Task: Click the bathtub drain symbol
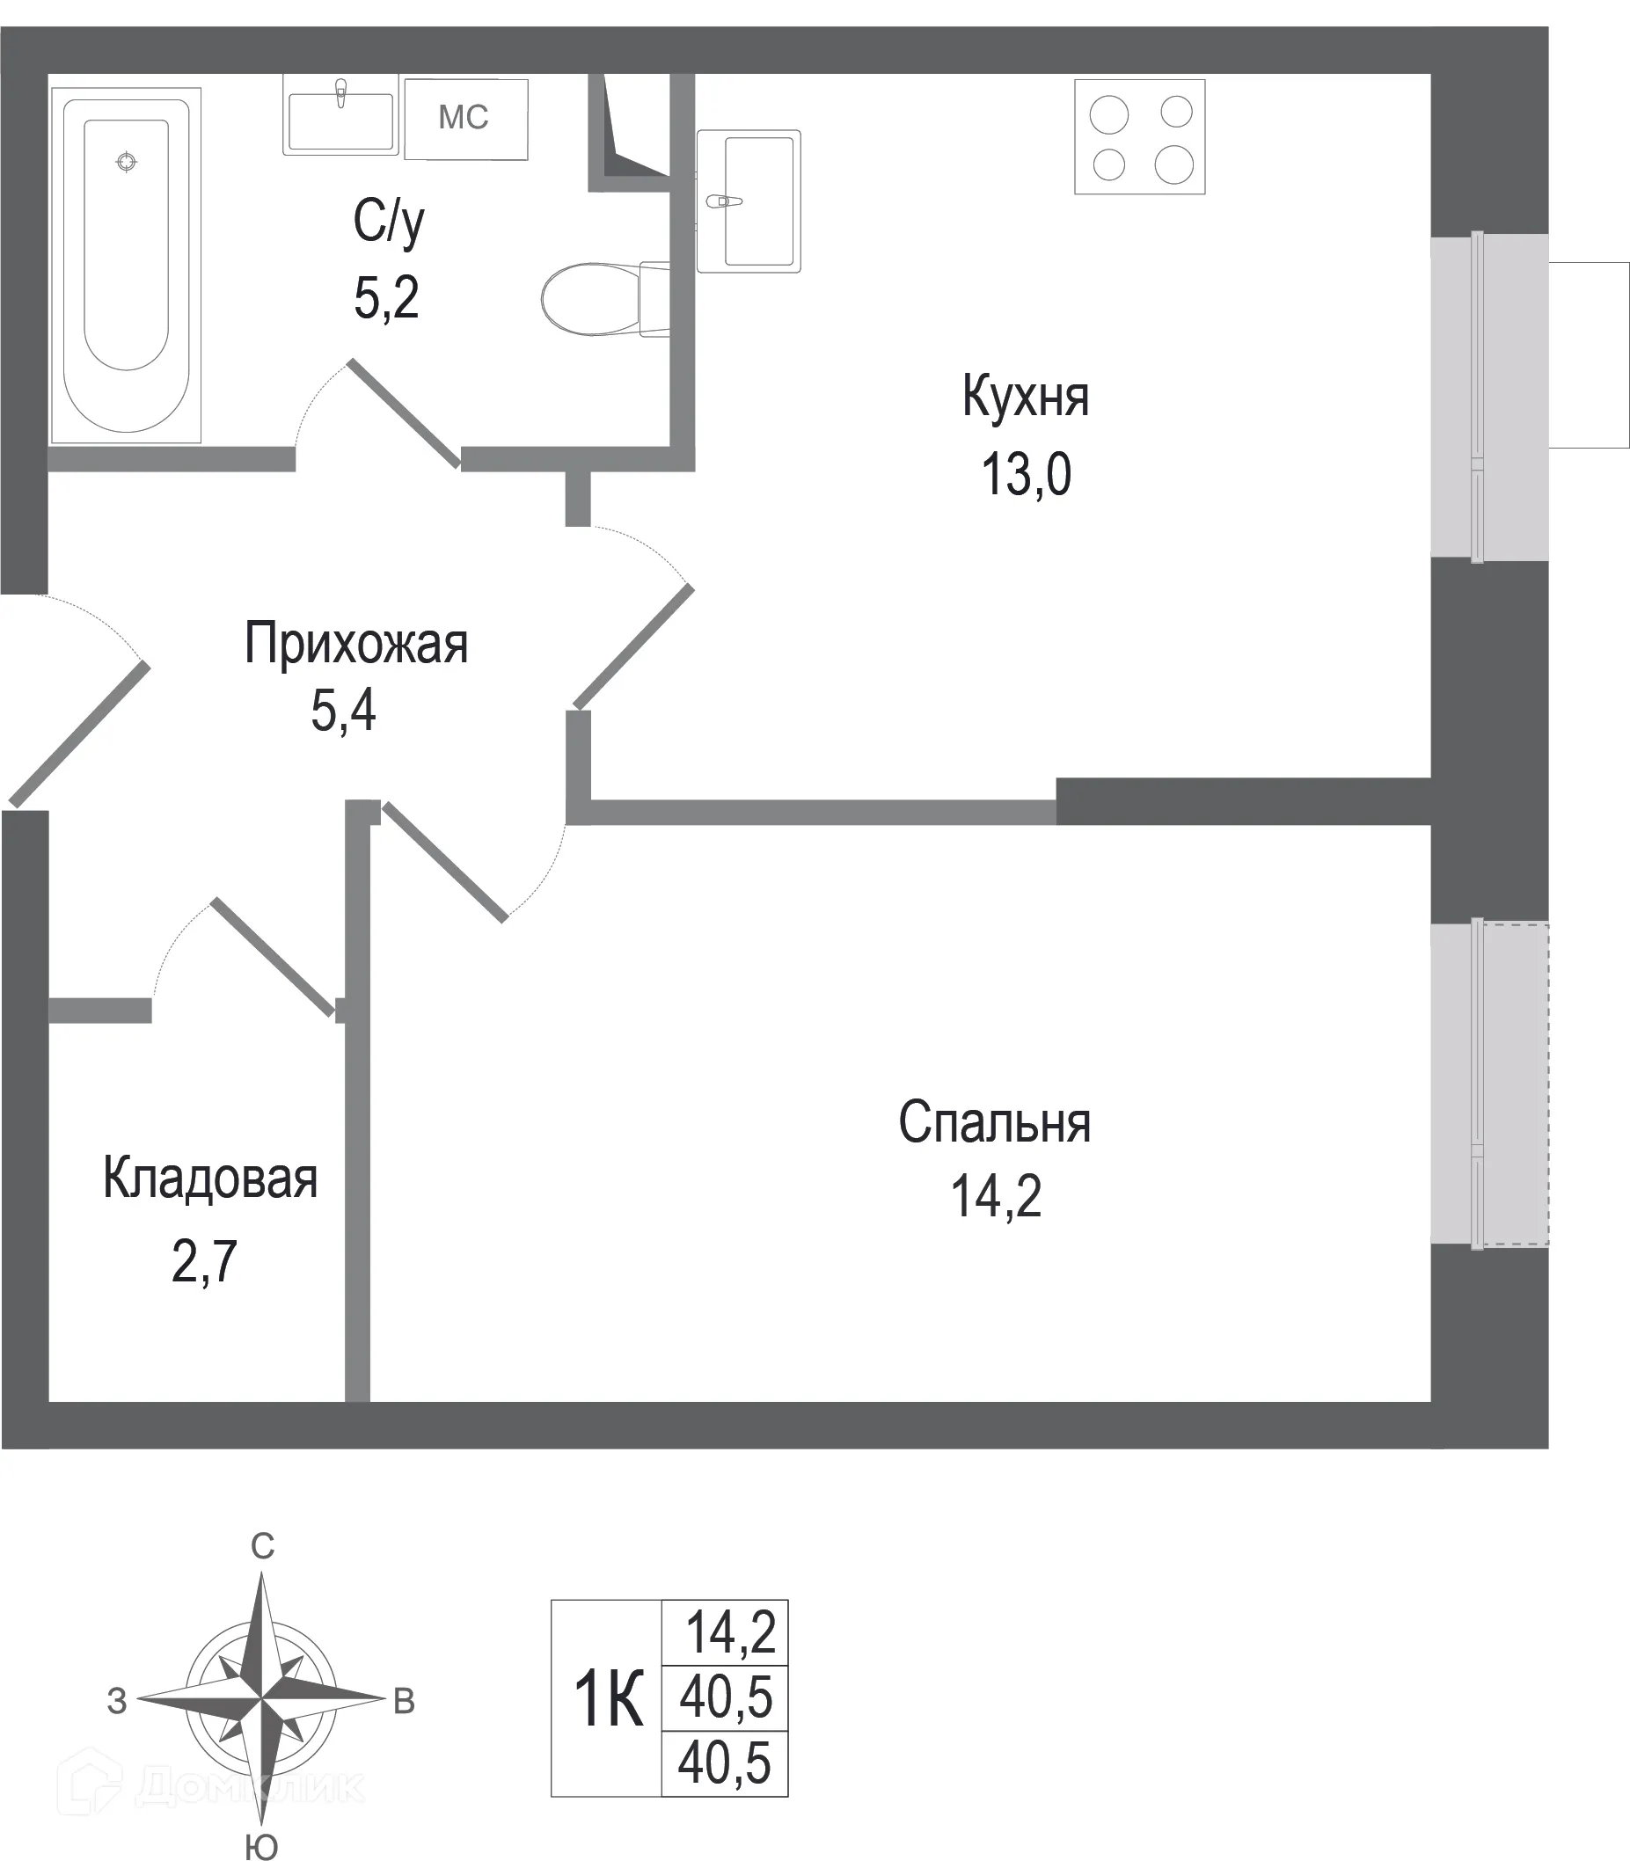pyautogui.click(x=127, y=162)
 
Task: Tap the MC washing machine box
pyautogui.click(x=465, y=118)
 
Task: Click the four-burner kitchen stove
pyautogui.click(x=1140, y=137)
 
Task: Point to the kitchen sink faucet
pyautogui.click(x=723, y=201)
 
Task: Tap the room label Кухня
pyautogui.click(x=1025, y=398)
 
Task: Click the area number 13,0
pyautogui.click(x=1026, y=474)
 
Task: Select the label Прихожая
pyautogui.click(x=355, y=644)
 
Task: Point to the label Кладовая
pyautogui.click(x=210, y=1179)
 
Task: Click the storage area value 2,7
pyautogui.click(x=204, y=1261)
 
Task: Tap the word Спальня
pyautogui.click(x=994, y=1122)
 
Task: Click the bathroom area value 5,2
pyautogui.click(x=386, y=297)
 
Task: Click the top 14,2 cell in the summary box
pyautogui.click(x=729, y=1632)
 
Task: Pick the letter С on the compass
pyautogui.click(x=262, y=1546)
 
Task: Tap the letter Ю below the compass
pyautogui.click(x=262, y=1846)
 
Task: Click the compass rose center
pyautogui.click(x=262, y=1698)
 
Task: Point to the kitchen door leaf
pyautogui.click(x=634, y=646)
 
